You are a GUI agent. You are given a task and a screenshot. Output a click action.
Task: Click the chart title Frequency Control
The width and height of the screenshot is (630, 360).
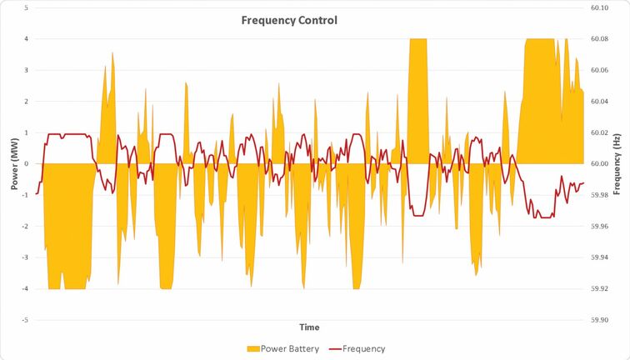[289, 20]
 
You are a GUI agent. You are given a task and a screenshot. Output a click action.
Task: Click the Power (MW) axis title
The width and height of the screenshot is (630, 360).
[15, 163]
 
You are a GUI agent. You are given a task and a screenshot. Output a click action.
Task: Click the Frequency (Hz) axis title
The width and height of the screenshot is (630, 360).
[616, 163]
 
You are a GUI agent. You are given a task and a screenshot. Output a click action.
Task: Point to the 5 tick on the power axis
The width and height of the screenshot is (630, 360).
[27, 7]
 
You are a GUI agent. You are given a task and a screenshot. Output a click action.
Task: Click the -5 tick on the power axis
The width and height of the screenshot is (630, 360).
[25, 319]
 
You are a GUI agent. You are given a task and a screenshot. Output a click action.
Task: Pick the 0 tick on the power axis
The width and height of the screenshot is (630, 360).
[27, 163]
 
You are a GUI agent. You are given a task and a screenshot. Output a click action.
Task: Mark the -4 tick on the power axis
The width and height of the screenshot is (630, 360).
[25, 288]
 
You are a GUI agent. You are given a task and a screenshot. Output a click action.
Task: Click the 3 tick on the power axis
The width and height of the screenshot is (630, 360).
[27, 70]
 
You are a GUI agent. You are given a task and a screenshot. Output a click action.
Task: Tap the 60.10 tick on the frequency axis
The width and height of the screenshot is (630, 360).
[597, 7]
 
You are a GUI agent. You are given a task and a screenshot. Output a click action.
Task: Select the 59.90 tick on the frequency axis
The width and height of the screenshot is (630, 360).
[597, 319]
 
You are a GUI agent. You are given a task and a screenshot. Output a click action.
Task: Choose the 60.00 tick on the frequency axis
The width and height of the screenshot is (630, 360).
[597, 163]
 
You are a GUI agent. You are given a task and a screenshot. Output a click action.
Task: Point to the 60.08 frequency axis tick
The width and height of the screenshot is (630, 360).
[597, 39]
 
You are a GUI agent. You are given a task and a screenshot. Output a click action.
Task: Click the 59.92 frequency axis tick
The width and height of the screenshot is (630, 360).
[597, 288]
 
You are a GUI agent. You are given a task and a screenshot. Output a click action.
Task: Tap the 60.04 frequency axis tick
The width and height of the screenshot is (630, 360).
[597, 101]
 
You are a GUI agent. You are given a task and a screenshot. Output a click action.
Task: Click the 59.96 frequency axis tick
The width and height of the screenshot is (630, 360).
[597, 226]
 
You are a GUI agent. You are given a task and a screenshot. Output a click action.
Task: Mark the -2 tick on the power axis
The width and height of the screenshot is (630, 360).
[25, 226]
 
